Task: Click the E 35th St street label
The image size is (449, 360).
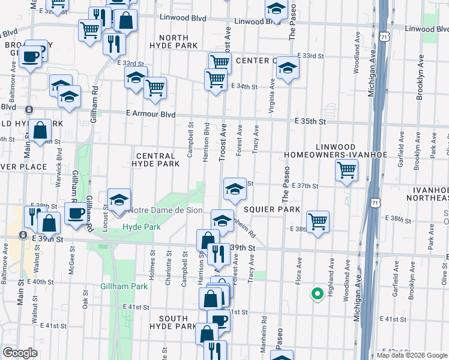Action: (310, 121)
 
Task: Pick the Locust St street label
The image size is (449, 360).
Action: (105, 217)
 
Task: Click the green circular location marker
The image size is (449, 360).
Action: (316, 293)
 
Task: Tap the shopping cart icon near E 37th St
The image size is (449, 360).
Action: (346, 170)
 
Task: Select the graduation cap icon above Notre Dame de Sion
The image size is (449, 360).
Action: (119, 200)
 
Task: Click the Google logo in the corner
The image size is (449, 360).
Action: (19, 353)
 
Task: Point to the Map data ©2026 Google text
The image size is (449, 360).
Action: (411, 355)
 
